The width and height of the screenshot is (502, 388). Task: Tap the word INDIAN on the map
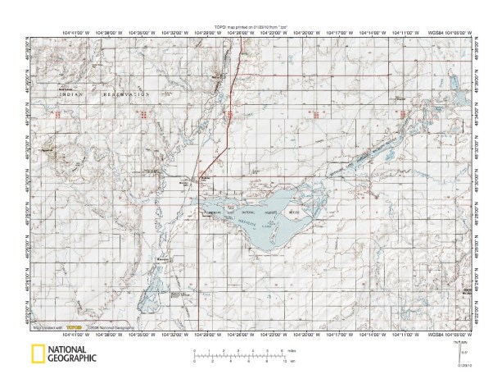tap(72, 96)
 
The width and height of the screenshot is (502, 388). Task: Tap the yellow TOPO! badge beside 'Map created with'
tap(79, 326)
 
